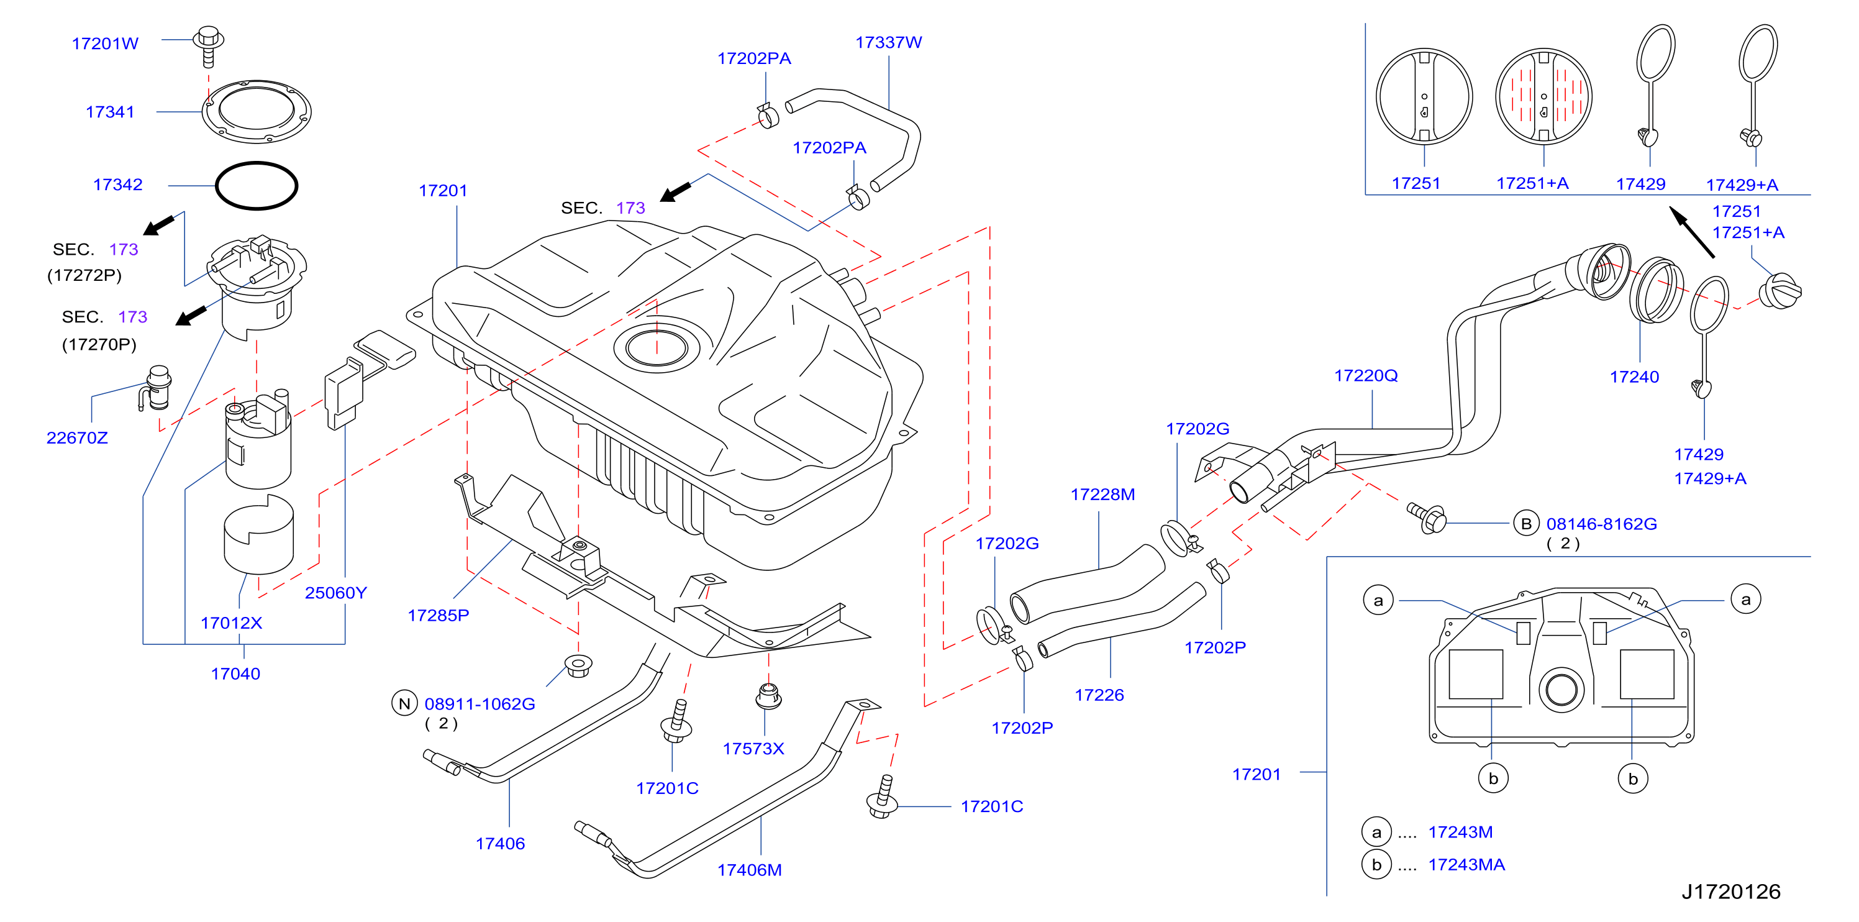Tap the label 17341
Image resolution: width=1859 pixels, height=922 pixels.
tap(110, 112)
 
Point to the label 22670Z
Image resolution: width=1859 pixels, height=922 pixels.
tap(77, 437)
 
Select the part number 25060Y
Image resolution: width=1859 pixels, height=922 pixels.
tap(335, 593)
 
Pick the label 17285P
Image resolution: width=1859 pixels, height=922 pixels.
tap(438, 615)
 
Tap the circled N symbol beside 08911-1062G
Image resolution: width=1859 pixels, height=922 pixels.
tap(405, 703)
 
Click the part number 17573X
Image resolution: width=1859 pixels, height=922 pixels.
tap(753, 749)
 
